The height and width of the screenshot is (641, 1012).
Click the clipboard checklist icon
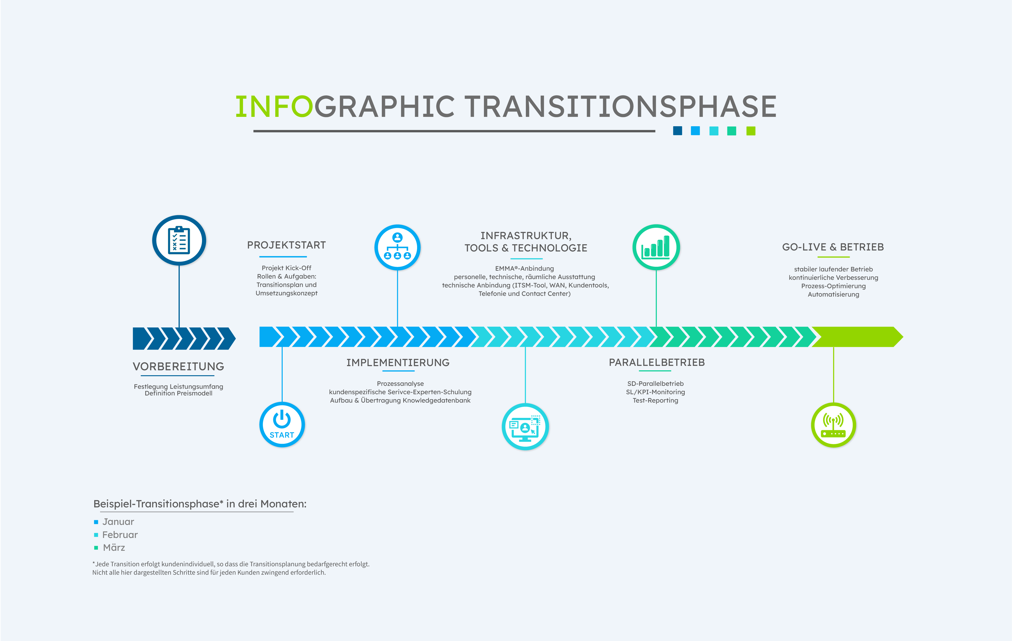[179, 240]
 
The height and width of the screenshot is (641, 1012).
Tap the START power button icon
[282, 424]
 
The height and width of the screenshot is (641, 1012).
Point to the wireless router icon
[833, 425]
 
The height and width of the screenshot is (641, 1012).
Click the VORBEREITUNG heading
[179, 366]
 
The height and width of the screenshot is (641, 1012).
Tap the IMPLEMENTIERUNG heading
[398, 362]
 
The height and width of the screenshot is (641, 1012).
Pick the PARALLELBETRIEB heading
[657, 362]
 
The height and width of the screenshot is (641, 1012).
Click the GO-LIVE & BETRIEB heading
[833, 247]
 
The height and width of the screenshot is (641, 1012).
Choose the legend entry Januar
[118, 522]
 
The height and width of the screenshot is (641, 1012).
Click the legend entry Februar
[120, 535]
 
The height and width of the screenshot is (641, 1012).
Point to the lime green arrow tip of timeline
[903, 337]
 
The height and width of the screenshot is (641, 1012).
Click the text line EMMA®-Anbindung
[524, 268]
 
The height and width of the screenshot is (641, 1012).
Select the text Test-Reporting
[656, 400]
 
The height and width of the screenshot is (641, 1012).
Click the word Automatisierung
[833, 294]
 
